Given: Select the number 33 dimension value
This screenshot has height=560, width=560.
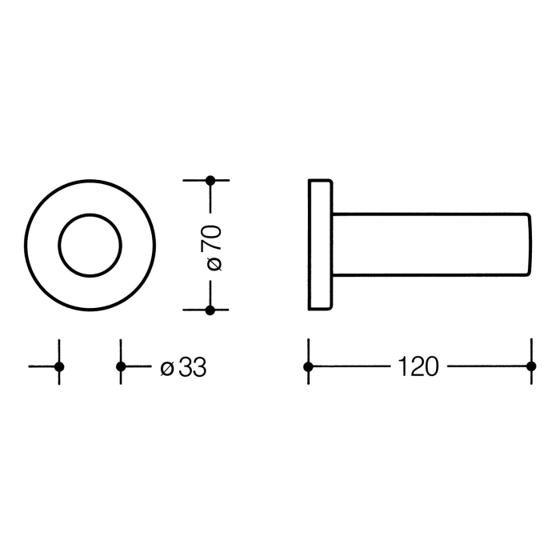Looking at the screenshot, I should coord(192,367).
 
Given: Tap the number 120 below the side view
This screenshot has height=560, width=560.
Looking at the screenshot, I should coord(418,367).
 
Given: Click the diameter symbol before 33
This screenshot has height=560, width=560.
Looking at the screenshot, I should coord(166,368).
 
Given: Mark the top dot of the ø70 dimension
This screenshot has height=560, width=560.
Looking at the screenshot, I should coord(210,180).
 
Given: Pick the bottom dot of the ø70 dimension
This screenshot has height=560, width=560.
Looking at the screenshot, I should coord(210,310).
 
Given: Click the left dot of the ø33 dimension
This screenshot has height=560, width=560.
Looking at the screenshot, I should coord(58,366).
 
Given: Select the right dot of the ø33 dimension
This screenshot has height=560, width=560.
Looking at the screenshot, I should coord(120,366).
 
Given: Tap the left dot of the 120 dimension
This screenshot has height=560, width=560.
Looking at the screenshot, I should coord(308,366).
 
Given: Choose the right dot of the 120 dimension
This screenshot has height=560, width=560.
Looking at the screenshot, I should coord(530,366).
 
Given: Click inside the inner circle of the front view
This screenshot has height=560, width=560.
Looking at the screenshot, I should coord(90,245).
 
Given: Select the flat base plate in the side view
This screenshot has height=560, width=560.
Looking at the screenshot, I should coord(320,245).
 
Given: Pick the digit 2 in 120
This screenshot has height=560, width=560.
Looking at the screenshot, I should coord(418,367).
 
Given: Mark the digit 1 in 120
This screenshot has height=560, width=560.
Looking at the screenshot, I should coord(402,367).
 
